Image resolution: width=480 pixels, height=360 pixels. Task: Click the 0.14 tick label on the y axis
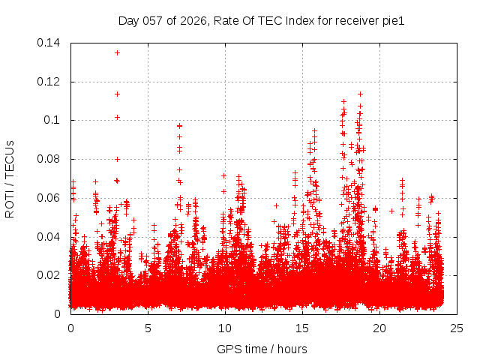[x=49, y=43]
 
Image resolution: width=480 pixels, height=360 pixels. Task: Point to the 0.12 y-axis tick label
[x=49, y=82]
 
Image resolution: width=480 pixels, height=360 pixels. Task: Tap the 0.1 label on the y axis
[x=53, y=120]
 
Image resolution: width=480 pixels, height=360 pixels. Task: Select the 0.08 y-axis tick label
[x=49, y=159]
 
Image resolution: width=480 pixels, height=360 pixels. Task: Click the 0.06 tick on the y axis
[x=49, y=198]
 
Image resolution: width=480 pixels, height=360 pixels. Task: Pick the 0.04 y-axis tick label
[x=49, y=237]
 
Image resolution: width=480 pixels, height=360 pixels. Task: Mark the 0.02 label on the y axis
[x=49, y=275]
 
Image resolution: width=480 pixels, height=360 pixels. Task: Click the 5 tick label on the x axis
[x=148, y=328]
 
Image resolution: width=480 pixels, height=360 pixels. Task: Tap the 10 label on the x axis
[x=225, y=328]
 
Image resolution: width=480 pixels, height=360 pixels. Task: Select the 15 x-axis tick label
[x=302, y=328]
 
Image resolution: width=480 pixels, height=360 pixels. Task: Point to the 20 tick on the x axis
[x=379, y=328]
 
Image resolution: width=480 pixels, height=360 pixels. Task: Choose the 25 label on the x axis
[x=457, y=328]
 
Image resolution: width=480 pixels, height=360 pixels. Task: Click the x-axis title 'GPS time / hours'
[x=263, y=349]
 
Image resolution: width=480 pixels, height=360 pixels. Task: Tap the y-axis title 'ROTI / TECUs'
[x=10, y=178]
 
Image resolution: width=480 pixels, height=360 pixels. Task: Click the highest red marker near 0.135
[x=117, y=52]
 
